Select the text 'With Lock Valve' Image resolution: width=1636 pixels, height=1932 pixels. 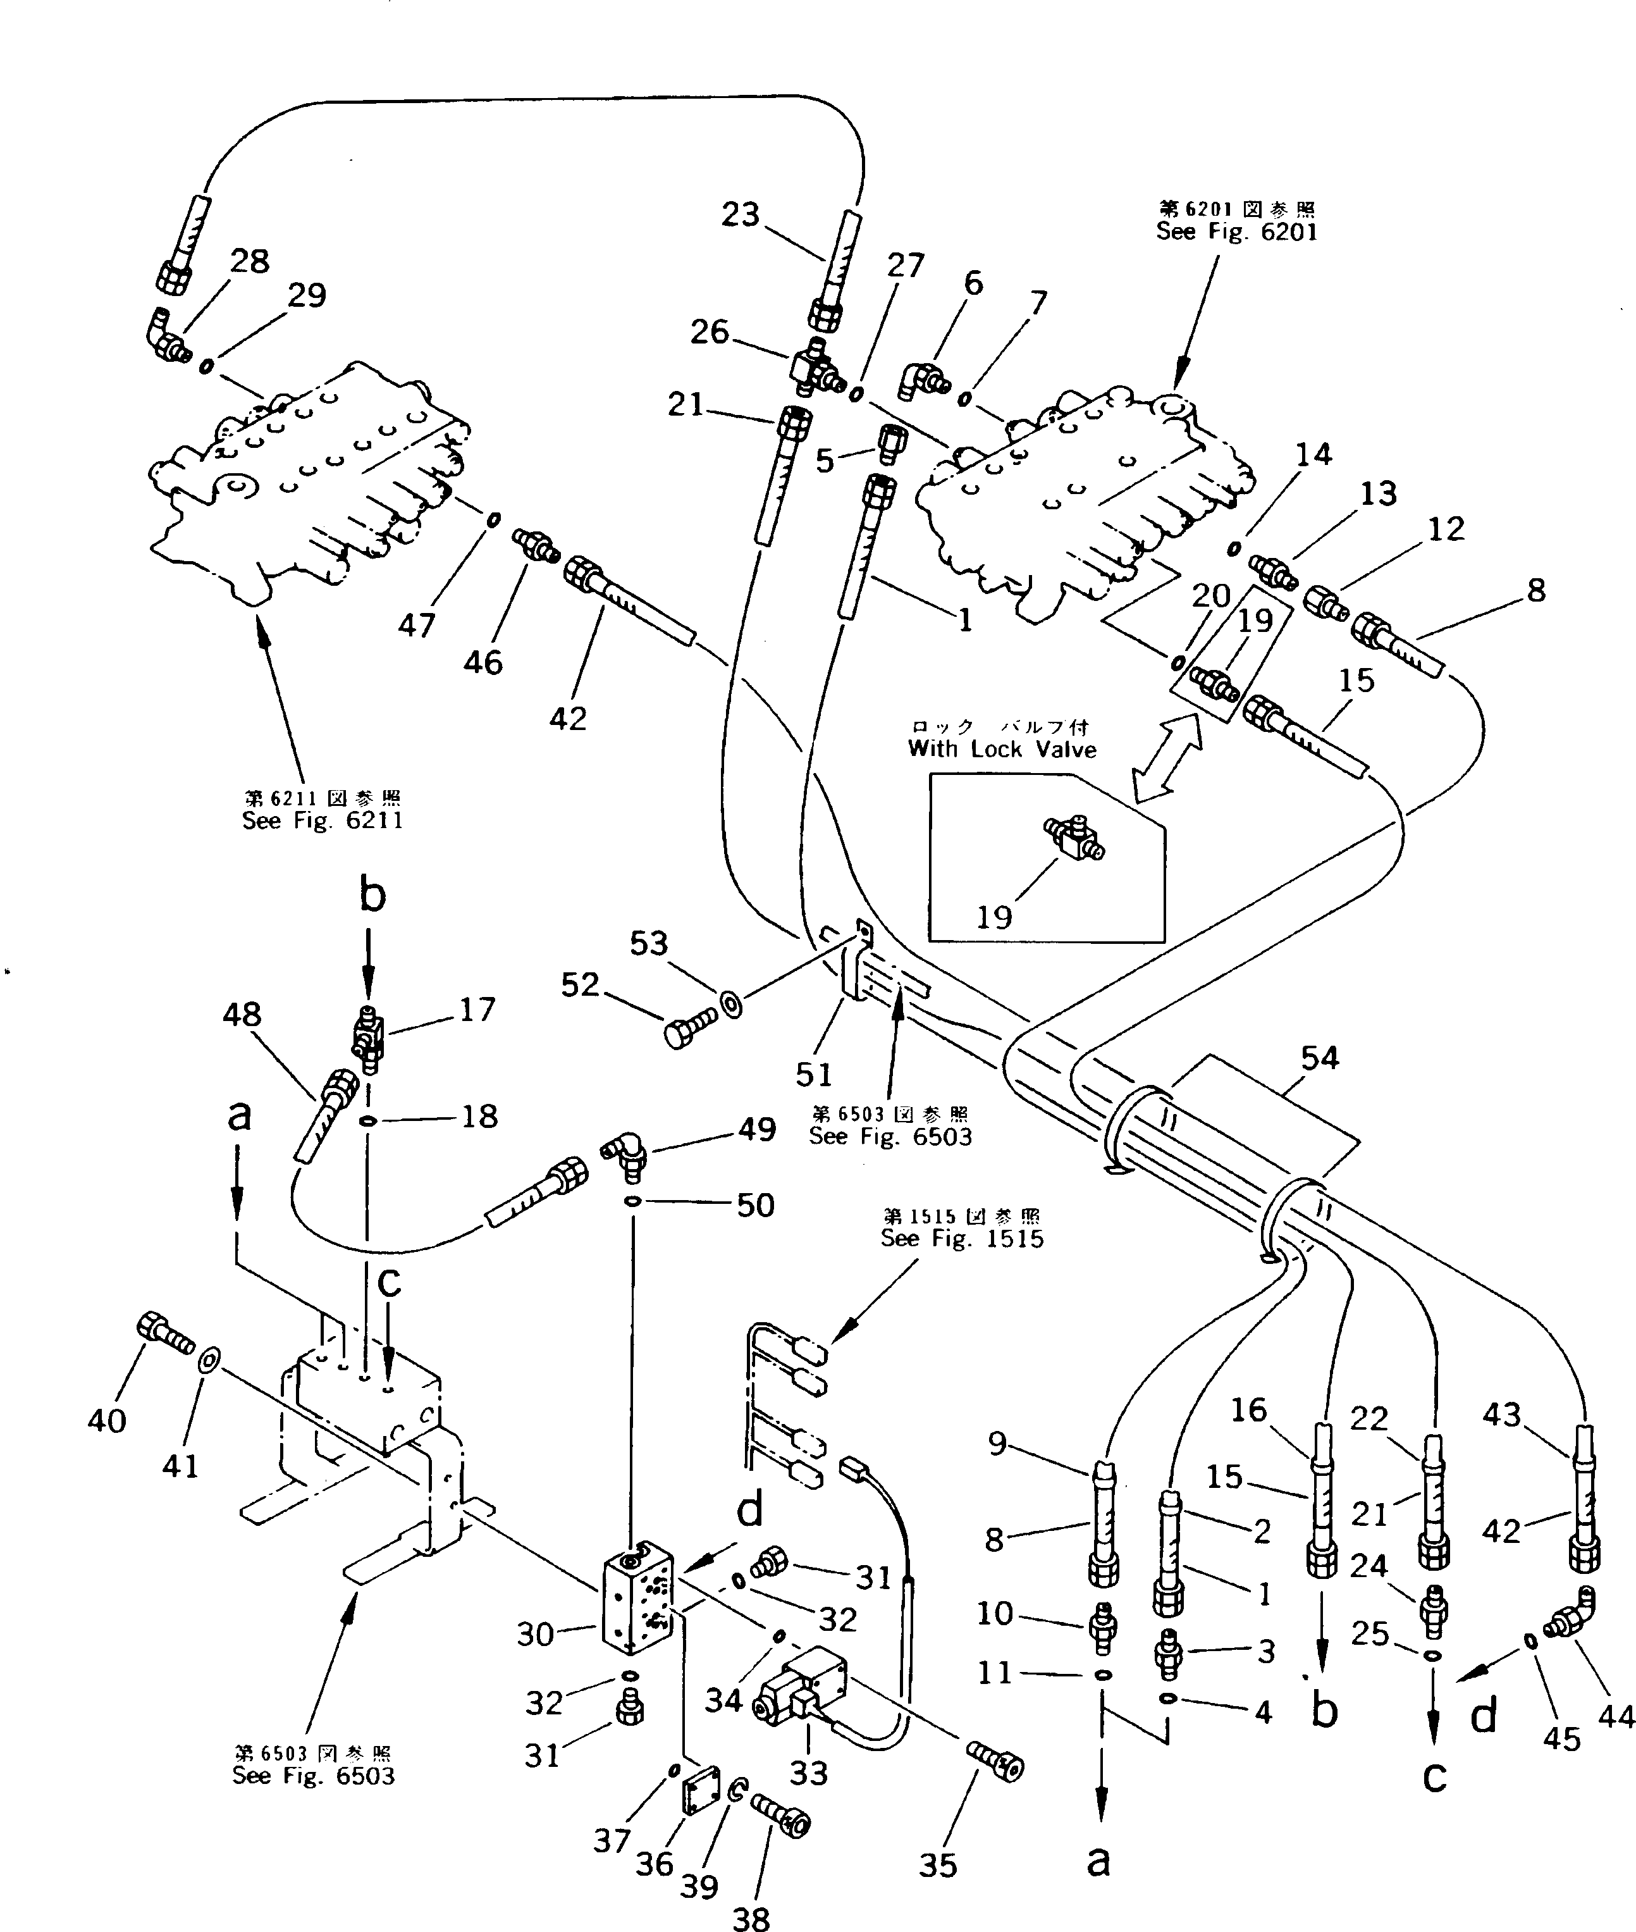1002,750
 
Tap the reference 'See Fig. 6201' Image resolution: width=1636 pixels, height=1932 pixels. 1236,232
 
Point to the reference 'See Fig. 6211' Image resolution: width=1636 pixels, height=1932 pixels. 322,820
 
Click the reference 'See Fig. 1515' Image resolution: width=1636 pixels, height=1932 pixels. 962,1238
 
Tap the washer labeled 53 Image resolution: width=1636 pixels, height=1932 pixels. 732,1003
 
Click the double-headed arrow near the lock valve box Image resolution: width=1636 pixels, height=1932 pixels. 1165,760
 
